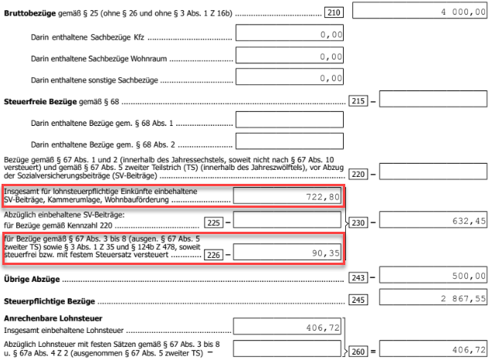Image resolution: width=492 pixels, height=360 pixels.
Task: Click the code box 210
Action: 334,12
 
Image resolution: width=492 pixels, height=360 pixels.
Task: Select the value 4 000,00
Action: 463,12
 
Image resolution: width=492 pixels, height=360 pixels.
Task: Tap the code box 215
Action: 358,100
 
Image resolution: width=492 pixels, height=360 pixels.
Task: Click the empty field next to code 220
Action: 433,172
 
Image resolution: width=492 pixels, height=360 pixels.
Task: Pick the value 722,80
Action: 323,197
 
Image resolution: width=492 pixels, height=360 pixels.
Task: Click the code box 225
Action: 214,222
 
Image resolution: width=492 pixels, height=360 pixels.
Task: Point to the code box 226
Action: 214,254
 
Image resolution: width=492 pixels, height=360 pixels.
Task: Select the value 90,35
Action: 326,253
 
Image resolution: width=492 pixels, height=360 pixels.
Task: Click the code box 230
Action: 358,222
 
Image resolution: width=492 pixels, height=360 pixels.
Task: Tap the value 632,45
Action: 469,221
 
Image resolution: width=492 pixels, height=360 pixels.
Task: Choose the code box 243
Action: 358,277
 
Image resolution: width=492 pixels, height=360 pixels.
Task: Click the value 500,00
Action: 469,276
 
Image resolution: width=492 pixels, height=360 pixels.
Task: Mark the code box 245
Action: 358,300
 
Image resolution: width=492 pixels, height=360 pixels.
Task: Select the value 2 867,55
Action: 463,298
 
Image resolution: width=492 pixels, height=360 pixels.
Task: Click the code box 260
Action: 358,352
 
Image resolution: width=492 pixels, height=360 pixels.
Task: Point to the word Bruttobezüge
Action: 30,13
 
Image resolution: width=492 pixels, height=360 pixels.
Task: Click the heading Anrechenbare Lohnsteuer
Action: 53,318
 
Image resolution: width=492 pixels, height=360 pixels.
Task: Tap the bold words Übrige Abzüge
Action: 32,279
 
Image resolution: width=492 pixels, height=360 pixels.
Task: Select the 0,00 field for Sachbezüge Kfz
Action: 290,32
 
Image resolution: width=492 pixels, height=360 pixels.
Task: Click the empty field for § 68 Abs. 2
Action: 290,141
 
